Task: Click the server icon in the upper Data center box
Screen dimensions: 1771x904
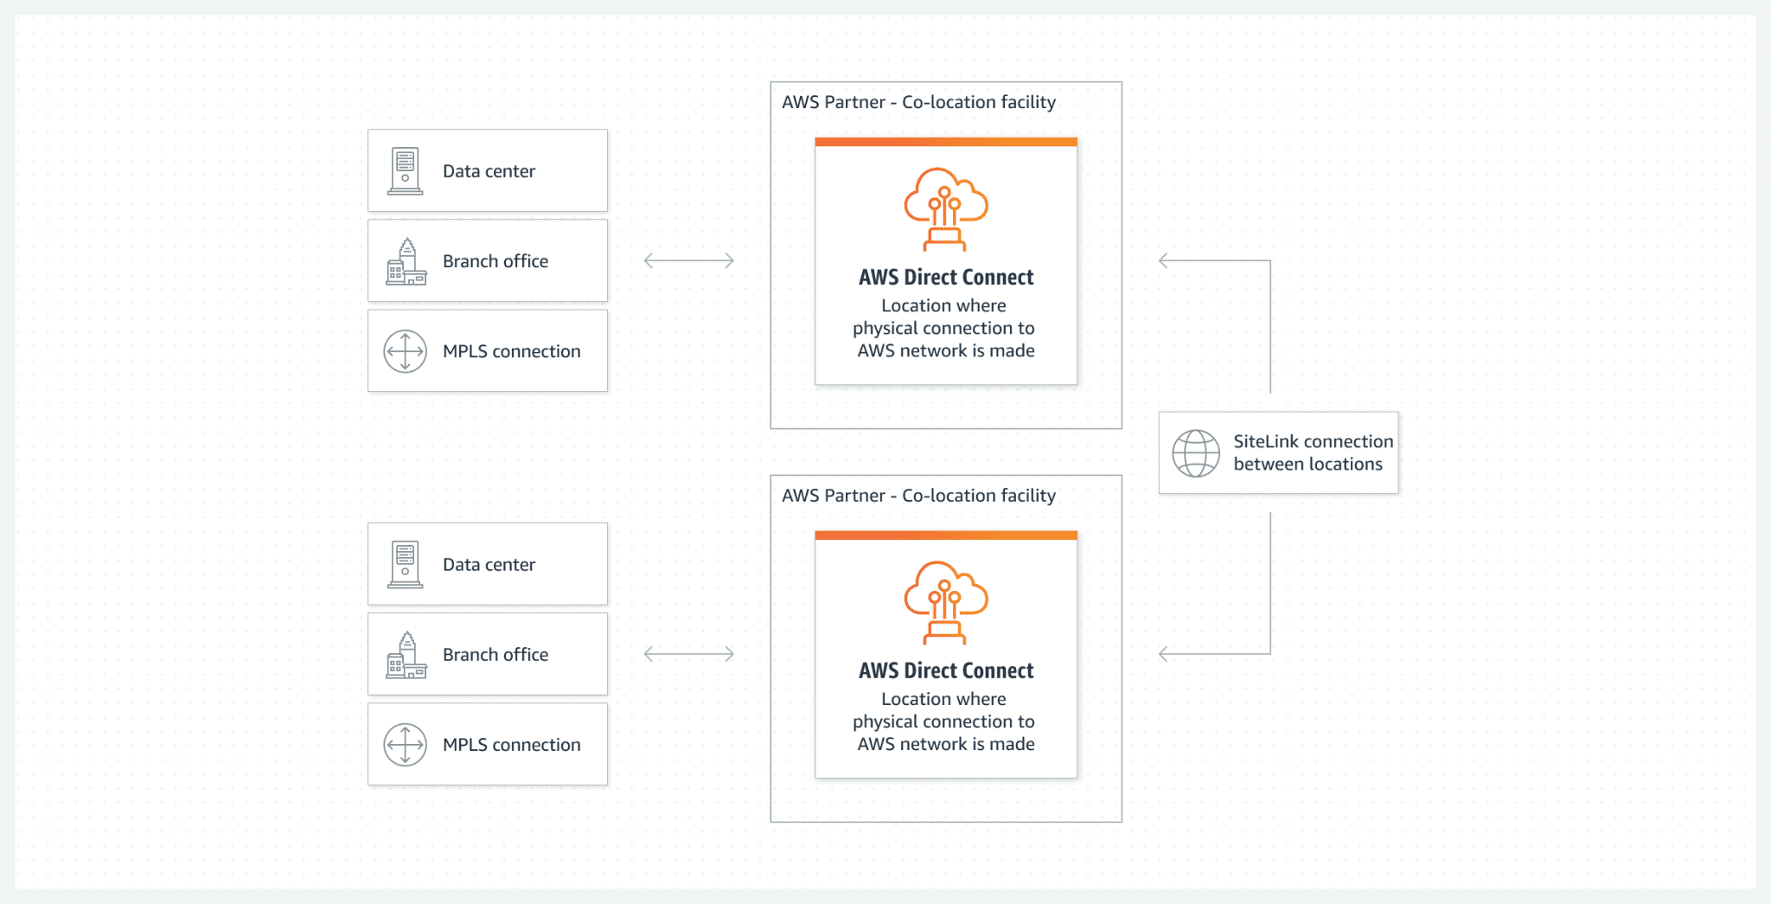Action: [x=405, y=170]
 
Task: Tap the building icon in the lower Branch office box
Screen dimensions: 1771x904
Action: [x=406, y=655]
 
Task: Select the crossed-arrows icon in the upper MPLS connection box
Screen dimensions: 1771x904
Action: [x=406, y=351]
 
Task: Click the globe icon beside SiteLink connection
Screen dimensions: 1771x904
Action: [x=1196, y=453]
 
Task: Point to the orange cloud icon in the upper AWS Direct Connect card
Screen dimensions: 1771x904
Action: [x=946, y=208]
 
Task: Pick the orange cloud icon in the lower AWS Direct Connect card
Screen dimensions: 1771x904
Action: [x=946, y=602]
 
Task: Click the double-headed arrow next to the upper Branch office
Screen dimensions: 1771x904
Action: [x=689, y=260]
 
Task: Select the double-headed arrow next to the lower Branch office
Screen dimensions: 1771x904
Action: [x=689, y=654]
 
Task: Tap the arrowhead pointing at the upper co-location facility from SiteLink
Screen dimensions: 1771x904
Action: [x=1164, y=260]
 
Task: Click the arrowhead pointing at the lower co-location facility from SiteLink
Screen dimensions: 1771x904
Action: [x=1164, y=654]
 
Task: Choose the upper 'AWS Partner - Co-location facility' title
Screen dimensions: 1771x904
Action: [x=918, y=102]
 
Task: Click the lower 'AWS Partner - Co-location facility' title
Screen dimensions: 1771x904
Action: [x=918, y=496]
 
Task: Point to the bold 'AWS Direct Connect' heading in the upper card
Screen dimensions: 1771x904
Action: [x=946, y=277]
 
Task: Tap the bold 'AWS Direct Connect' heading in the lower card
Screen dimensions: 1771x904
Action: [x=946, y=670]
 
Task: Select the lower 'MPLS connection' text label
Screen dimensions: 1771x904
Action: [x=512, y=745]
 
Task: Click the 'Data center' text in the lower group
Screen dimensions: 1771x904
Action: [x=489, y=565]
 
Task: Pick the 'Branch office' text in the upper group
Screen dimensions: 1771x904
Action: [x=495, y=261]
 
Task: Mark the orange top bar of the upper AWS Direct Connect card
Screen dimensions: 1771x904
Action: [x=946, y=142]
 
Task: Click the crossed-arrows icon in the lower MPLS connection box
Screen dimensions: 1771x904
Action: [x=406, y=745]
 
